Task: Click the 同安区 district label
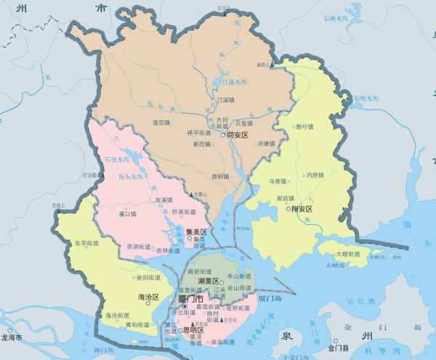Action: (x=238, y=135)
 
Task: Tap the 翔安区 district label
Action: (x=302, y=209)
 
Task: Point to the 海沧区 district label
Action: (x=148, y=297)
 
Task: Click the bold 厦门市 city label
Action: (x=193, y=299)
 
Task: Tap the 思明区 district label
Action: (x=194, y=329)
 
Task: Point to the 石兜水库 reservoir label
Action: (x=114, y=159)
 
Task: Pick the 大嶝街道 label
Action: (x=347, y=255)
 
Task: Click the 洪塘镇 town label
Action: (x=267, y=144)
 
